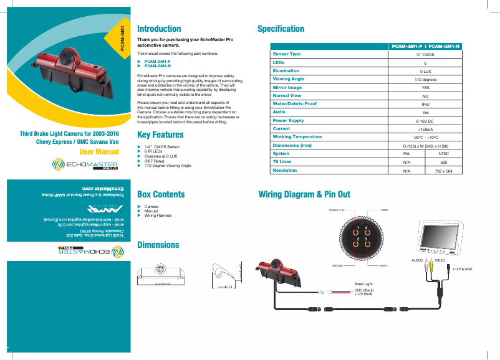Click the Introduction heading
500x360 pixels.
pos(159,29)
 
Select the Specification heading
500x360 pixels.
pos(281,29)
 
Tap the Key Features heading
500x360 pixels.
pos(160,135)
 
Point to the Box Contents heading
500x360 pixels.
pos(161,194)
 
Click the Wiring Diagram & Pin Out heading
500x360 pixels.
pos(304,194)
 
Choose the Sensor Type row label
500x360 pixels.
pos(287,54)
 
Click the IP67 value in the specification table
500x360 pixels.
pos(425,104)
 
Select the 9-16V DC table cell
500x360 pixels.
pos(425,120)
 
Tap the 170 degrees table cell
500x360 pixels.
pos(425,79)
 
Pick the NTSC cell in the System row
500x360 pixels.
pos(444,153)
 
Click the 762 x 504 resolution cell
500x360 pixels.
pos(444,170)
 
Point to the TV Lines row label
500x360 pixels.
pos(282,161)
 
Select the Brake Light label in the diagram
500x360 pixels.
pos(363,284)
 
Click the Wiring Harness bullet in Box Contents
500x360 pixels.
pos(158,215)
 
